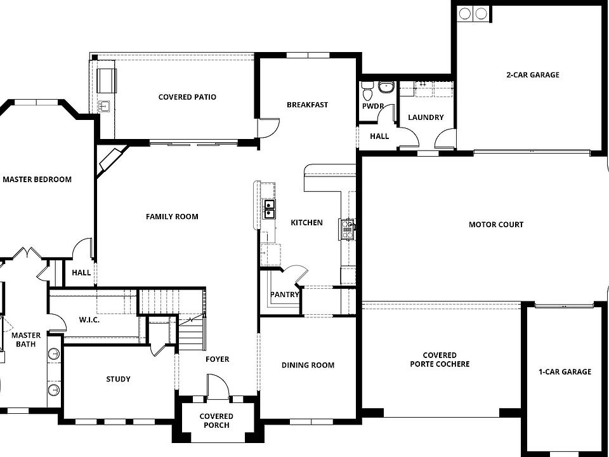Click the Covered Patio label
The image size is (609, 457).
[187, 97]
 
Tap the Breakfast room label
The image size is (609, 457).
[307, 105]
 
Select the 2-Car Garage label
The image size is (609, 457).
[532, 75]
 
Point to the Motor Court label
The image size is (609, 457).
[496, 225]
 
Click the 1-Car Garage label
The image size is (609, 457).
[565, 372]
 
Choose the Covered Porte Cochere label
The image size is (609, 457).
[440, 360]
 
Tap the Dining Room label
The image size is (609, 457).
[308, 365]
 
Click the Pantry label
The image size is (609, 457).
[284, 295]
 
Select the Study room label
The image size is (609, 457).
[118, 379]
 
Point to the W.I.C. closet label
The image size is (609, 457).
[89, 320]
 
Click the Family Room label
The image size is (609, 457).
[172, 216]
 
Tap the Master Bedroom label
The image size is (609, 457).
[37, 180]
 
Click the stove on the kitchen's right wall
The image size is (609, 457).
[348, 228]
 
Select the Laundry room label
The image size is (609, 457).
[426, 117]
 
